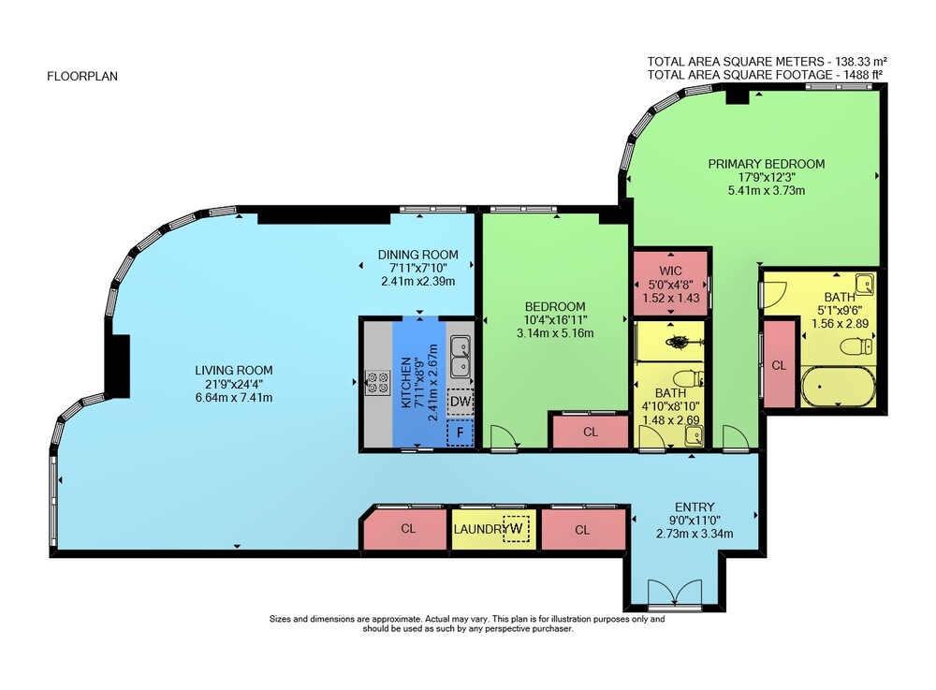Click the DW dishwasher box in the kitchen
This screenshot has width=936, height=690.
click(460, 401)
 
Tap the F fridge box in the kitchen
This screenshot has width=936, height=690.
click(460, 433)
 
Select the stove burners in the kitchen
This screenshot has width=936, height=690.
click(377, 383)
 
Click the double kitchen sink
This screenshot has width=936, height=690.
click(461, 357)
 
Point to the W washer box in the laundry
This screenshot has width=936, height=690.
click(517, 528)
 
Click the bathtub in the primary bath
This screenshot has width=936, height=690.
click(838, 387)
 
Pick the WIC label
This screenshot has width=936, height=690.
click(670, 271)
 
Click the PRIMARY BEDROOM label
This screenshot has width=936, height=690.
click(767, 164)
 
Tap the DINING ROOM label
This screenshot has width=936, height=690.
click(417, 255)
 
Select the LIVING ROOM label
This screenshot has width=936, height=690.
click(233, 370)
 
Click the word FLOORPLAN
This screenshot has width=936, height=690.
click(82, 77)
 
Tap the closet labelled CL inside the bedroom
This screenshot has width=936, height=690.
click(591, 431)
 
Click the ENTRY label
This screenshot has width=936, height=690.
click(695, 507)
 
